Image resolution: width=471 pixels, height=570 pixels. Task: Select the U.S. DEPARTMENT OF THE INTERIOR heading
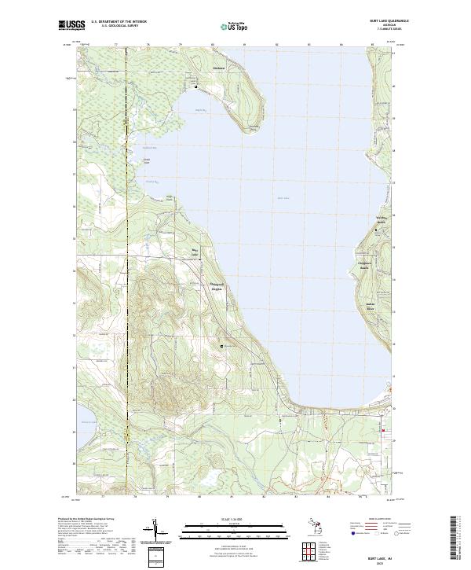119,20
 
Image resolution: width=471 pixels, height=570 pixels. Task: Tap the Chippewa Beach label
363,266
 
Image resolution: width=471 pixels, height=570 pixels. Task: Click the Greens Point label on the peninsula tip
254,129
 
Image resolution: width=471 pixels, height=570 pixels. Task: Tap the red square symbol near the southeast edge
383,432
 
